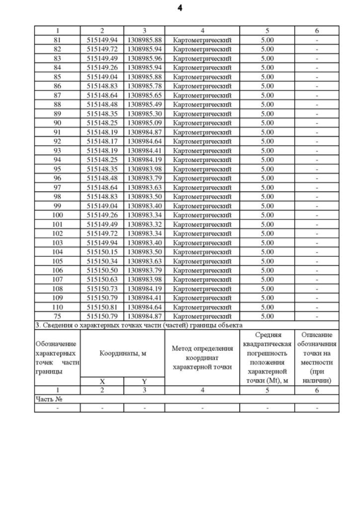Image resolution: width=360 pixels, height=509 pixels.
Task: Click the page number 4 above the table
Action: pos(180,8)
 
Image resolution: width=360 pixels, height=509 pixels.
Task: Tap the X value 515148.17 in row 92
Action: pos(102,141)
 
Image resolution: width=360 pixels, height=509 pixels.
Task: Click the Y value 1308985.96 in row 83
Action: pos(144,58)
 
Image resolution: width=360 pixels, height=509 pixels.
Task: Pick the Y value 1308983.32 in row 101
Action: pos(144,224)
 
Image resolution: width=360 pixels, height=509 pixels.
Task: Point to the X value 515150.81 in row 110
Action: pos(102,308)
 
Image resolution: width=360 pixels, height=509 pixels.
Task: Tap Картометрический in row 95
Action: pos(202,169)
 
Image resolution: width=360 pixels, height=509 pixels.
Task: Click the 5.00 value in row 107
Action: pos(267,280)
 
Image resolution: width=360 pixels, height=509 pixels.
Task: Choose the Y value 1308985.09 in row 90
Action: pos(144,123)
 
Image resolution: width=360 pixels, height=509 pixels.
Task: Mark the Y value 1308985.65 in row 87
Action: pos(144,95)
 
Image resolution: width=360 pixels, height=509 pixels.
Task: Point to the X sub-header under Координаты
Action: pos(102,381)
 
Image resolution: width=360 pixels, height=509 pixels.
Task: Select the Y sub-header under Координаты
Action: pos(144,381)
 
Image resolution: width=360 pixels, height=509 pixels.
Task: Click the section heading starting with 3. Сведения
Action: pos(138,326)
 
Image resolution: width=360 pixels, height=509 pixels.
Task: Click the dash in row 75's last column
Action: pos(317,317)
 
